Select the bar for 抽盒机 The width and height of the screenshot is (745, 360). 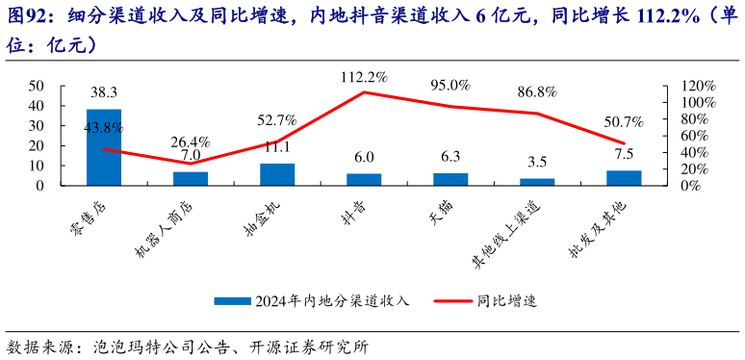(277, 174)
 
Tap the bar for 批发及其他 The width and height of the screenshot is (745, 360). (624, 177)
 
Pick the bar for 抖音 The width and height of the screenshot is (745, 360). (364, 179)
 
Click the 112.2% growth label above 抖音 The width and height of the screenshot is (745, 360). (364, 77)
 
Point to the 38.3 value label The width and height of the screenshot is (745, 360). (104, 93)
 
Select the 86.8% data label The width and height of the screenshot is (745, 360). (537, 92)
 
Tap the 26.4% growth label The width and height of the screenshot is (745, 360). (191, 141)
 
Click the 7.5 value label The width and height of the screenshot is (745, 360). (624, 155)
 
